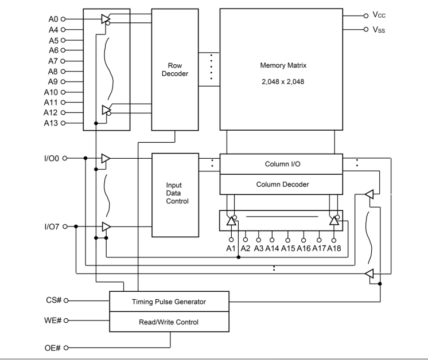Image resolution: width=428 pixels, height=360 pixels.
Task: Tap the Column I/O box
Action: (x=282, y=164)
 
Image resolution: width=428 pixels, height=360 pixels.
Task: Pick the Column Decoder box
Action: (x=282, y=184)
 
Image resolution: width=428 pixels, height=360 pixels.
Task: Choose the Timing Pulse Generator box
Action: (x=169, y=302)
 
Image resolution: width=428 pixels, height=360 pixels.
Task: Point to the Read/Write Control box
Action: (x=169, y=322)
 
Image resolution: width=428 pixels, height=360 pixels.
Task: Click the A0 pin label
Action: (x=53, y=19)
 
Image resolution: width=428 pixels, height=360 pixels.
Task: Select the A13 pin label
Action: (x=51, y=123)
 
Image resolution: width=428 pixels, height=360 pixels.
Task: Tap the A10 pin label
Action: (x=51, y=92)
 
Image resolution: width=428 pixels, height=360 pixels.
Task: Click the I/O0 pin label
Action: (x=52, y=158)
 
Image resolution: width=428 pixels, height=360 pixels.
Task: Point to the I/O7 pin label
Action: (x=52, y=227)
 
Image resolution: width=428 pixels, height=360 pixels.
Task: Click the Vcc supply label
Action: (x=378, y=15)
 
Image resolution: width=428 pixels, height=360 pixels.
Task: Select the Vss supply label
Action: (x=378, y=30)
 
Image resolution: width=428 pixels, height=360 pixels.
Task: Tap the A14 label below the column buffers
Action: (x=273, y=248)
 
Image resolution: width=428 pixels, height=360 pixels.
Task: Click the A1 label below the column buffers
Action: (x=231, y=248)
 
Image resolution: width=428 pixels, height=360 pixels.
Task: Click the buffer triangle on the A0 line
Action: (x=106, y=19)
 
